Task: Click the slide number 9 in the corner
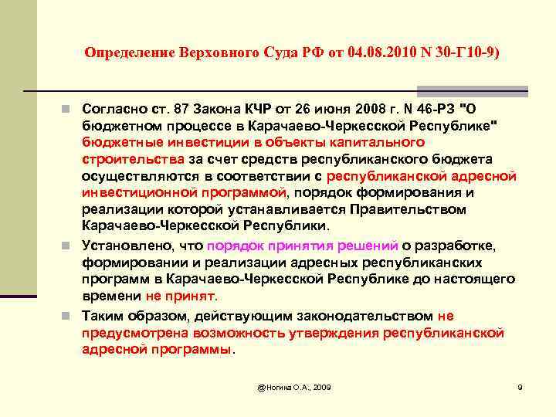coord(520,386)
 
